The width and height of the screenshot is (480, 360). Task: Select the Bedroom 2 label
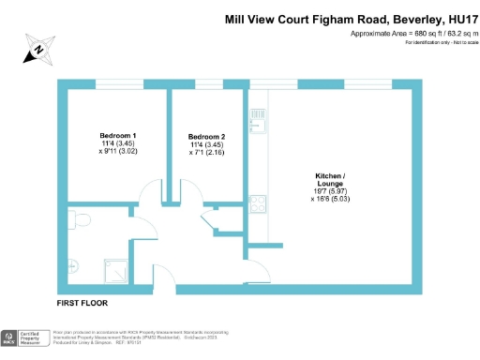[206, 136]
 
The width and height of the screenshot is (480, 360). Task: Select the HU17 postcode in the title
[457, 19]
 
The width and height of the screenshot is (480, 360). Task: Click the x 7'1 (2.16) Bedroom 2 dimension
[206, 151]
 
